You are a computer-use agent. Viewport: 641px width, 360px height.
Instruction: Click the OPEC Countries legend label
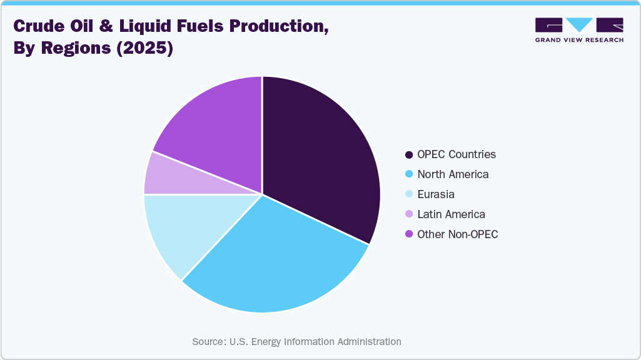coord(457,154)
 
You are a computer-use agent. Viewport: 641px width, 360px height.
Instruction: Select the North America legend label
coord(453,174)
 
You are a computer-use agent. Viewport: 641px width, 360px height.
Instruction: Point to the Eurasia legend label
coord(436,194)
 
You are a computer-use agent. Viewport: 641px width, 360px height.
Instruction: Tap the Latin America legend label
coord(451,214)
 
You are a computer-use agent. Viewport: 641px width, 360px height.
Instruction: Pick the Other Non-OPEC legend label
coord(458,234)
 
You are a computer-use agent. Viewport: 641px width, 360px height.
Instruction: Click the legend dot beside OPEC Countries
coord(409,154)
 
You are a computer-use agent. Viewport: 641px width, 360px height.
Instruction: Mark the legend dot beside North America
coord(409,174)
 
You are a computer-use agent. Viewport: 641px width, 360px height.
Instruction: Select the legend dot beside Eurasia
coord(409,194)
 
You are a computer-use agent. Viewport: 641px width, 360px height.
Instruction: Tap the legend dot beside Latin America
coord(409,214)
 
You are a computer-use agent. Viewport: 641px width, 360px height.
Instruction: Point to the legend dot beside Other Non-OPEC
coord(409,234)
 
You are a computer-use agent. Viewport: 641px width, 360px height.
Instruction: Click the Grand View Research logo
coord(579,29)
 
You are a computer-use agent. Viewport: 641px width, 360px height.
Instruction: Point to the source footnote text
coord(296,342)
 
